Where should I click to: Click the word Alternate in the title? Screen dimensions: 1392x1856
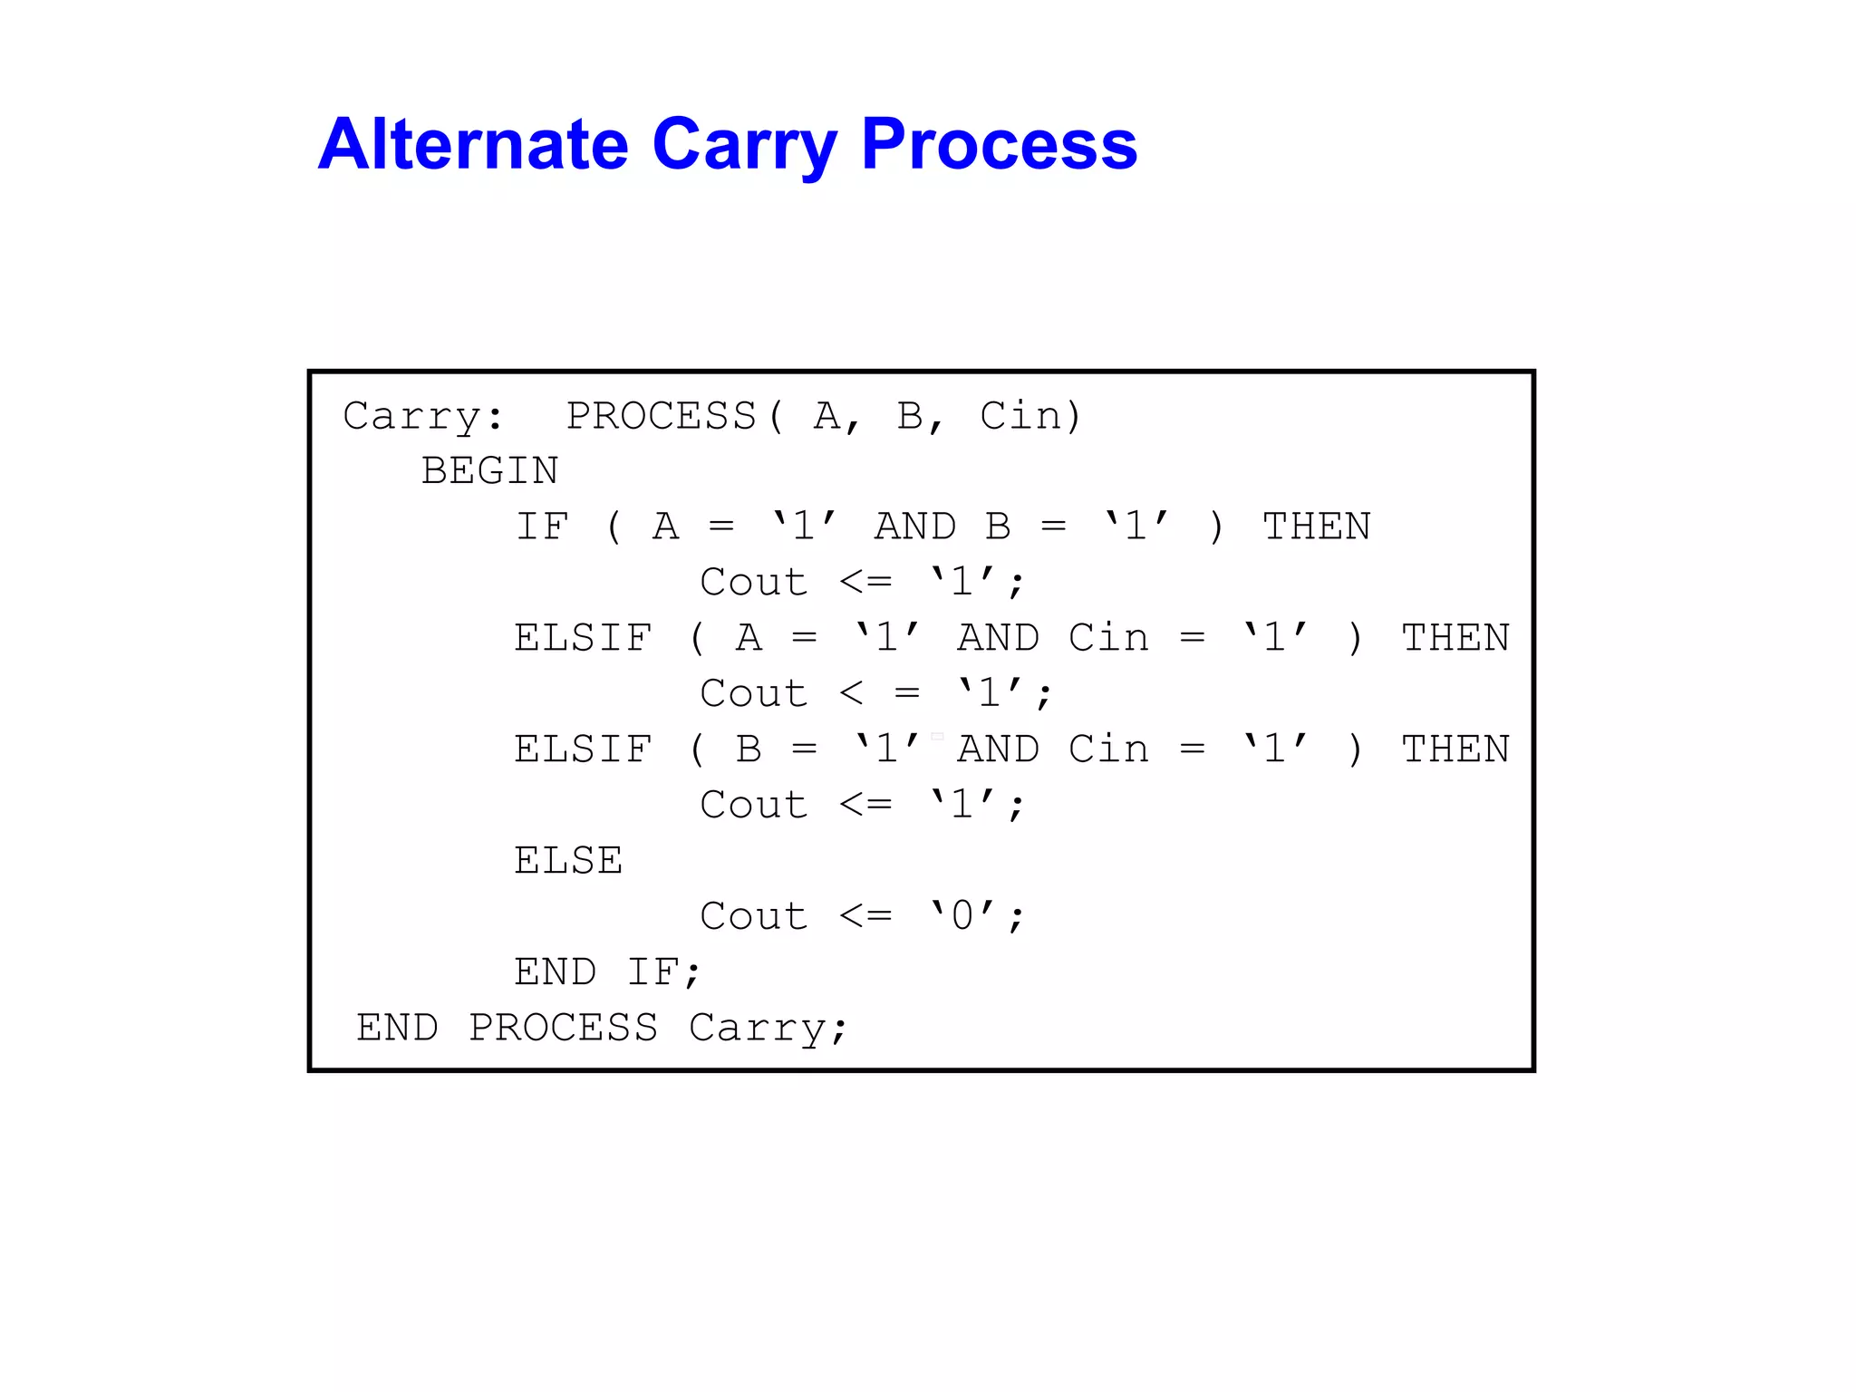tap(472, 144)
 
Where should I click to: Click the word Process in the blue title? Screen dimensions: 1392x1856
tap(999, 144)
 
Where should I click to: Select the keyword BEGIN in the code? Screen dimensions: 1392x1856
tap(489, 471)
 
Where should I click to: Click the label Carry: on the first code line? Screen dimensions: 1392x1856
tap(422, 417)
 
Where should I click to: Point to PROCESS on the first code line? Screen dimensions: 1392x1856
tap(662, 417)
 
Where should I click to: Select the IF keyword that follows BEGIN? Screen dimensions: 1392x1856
tap(542, 527)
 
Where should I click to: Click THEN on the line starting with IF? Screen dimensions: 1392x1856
tap(1317, 527)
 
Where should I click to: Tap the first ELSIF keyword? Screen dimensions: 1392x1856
tap(583, 639)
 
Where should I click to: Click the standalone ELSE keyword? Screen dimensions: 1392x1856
tap(568, 861)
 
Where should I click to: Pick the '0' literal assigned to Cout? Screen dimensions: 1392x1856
tap(962, 915)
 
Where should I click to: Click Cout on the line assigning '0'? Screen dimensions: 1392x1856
tap(753, 917)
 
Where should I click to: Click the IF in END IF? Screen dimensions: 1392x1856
tap(652, 972)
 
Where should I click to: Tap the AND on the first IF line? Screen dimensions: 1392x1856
tap(914, 527)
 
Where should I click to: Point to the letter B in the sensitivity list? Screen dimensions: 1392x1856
tap(910, 417)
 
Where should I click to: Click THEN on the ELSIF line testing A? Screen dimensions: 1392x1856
tap(1455, 639)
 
